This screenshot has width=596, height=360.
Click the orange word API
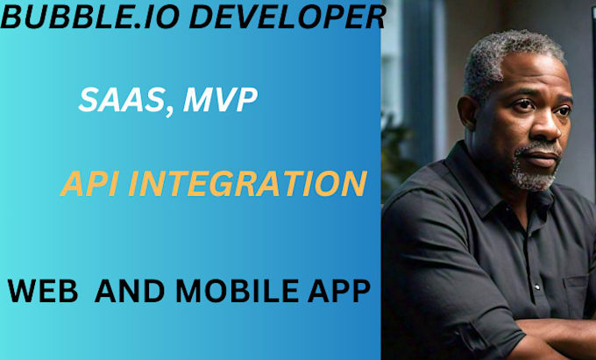click(x=93, y=185)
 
